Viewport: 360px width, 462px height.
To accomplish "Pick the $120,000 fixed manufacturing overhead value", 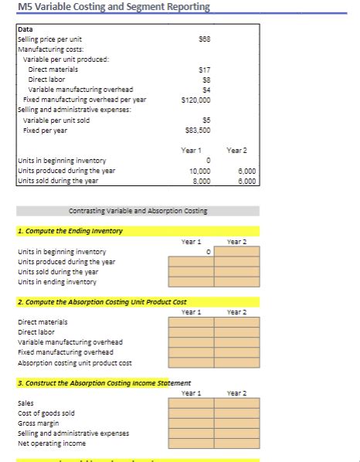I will coord(198,100).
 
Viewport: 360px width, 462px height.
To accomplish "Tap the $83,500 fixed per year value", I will coord(199,130).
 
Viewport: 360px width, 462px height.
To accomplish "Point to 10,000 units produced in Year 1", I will coord(200,171).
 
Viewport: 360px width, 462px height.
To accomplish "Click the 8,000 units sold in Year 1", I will coord(202,180).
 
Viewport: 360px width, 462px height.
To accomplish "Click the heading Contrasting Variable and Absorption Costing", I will coord(138,210).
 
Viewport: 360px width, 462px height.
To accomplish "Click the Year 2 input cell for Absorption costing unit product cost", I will coord(236,363).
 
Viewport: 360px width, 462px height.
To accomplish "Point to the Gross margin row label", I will coord(38,423).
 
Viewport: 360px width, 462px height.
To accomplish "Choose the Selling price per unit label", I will coord(49,39).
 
